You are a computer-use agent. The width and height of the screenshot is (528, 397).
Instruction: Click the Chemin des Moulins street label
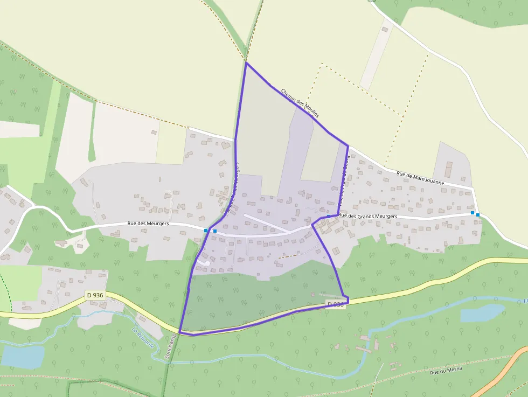(x=300, y=103)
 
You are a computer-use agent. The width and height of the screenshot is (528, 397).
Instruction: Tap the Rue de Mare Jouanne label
(x=420, y=178)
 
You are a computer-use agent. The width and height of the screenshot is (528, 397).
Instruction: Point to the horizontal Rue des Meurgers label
(x=148, y=223)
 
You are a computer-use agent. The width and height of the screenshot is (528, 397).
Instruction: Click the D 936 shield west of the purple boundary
(x=95, y=295)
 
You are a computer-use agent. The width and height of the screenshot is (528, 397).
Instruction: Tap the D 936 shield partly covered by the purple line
(x=335, y=304)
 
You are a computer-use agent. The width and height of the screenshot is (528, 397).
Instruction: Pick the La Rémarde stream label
(x=143, y=339)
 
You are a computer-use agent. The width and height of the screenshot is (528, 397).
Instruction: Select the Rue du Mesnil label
(x=443, y=371)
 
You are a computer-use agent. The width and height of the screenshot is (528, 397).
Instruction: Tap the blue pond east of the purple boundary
(x=483, y=313)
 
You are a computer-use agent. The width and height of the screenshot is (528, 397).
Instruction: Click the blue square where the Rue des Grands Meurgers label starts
(x=329, y=216)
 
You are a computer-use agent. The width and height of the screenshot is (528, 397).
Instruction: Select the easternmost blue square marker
(x=477, y=214)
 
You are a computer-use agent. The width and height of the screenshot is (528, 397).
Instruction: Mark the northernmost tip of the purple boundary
(x=246, y=63)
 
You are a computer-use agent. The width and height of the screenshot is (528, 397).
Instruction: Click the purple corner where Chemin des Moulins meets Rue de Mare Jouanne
(x=348, y=145)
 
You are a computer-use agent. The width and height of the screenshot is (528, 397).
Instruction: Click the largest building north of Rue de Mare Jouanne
(x=448, y=170)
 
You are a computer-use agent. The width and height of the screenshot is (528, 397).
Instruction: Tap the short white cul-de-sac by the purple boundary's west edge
(x=203, y=262)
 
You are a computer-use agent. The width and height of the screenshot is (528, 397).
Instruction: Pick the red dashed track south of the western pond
(x=32, y=377)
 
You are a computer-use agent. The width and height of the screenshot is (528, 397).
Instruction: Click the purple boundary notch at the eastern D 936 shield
(x=348, y=299)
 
